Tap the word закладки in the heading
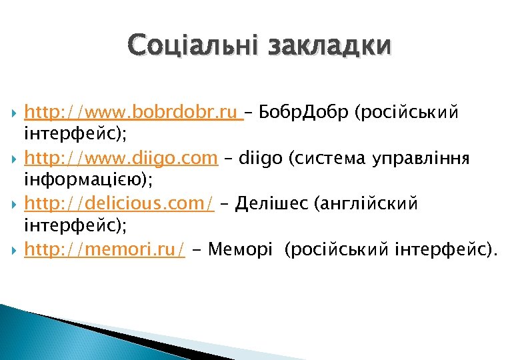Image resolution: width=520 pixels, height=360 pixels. (329, 46)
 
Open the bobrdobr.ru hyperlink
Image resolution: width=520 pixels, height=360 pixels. (133, 111)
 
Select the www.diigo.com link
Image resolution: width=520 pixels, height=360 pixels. (121, 158)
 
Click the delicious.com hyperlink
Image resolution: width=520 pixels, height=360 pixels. (119, 203)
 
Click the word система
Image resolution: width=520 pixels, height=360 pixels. (321, 158)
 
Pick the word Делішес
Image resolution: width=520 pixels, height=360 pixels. (272, 203)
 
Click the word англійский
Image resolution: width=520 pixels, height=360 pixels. (371, 204)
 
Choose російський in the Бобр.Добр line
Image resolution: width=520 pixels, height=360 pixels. (407, 111)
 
